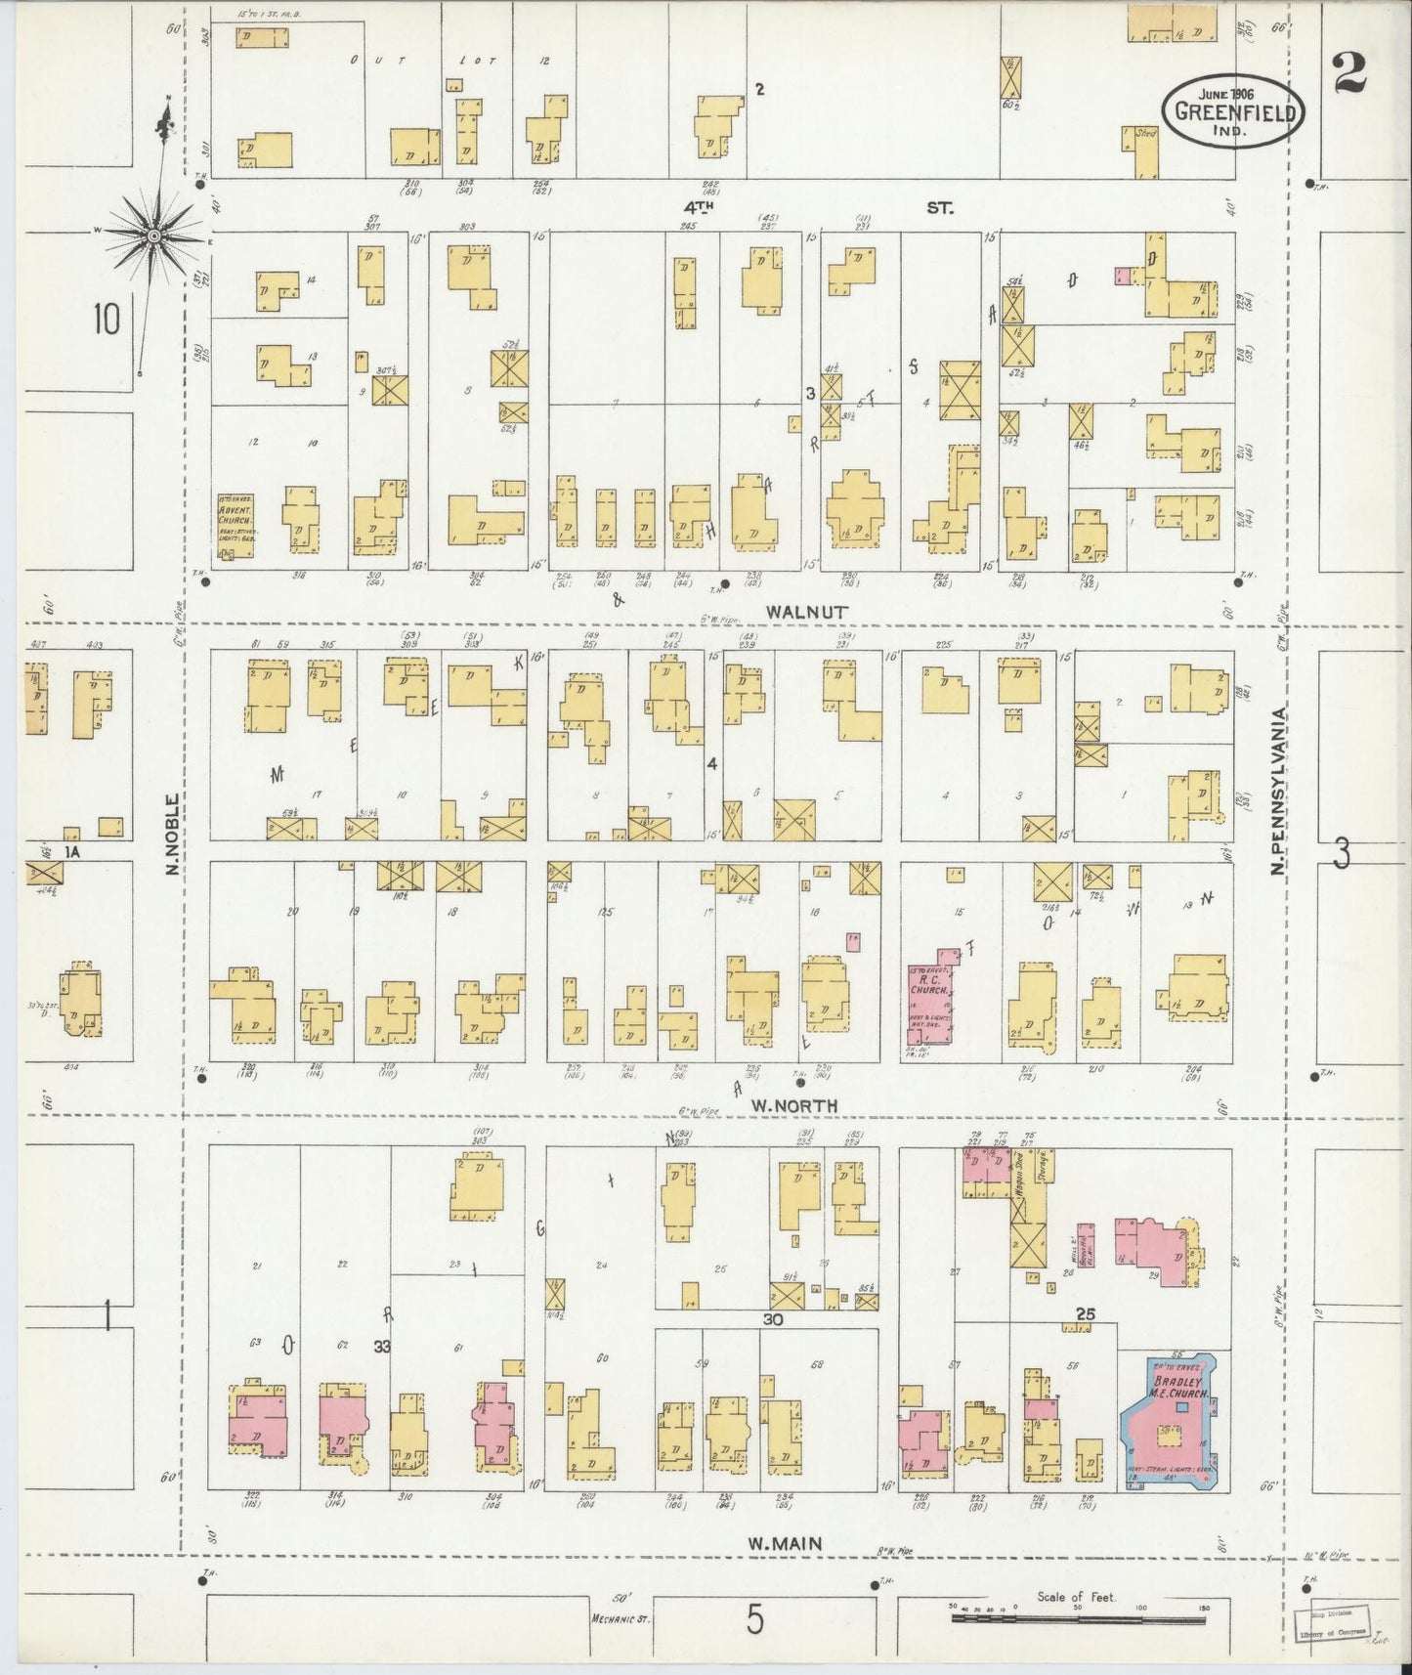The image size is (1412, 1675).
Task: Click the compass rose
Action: pos(154,236)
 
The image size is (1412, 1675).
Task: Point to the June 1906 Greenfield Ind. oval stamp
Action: pos(1234,110)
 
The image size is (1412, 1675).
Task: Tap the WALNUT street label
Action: pos(807,611)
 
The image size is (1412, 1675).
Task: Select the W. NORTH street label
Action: pos(794,1104)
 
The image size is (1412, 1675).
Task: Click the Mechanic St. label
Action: pos(620,1617)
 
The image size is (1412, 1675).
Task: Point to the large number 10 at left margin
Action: pos(107,319)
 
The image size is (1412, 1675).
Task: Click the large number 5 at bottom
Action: pos(754,1619)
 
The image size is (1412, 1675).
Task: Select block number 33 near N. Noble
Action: pos(381,1346)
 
